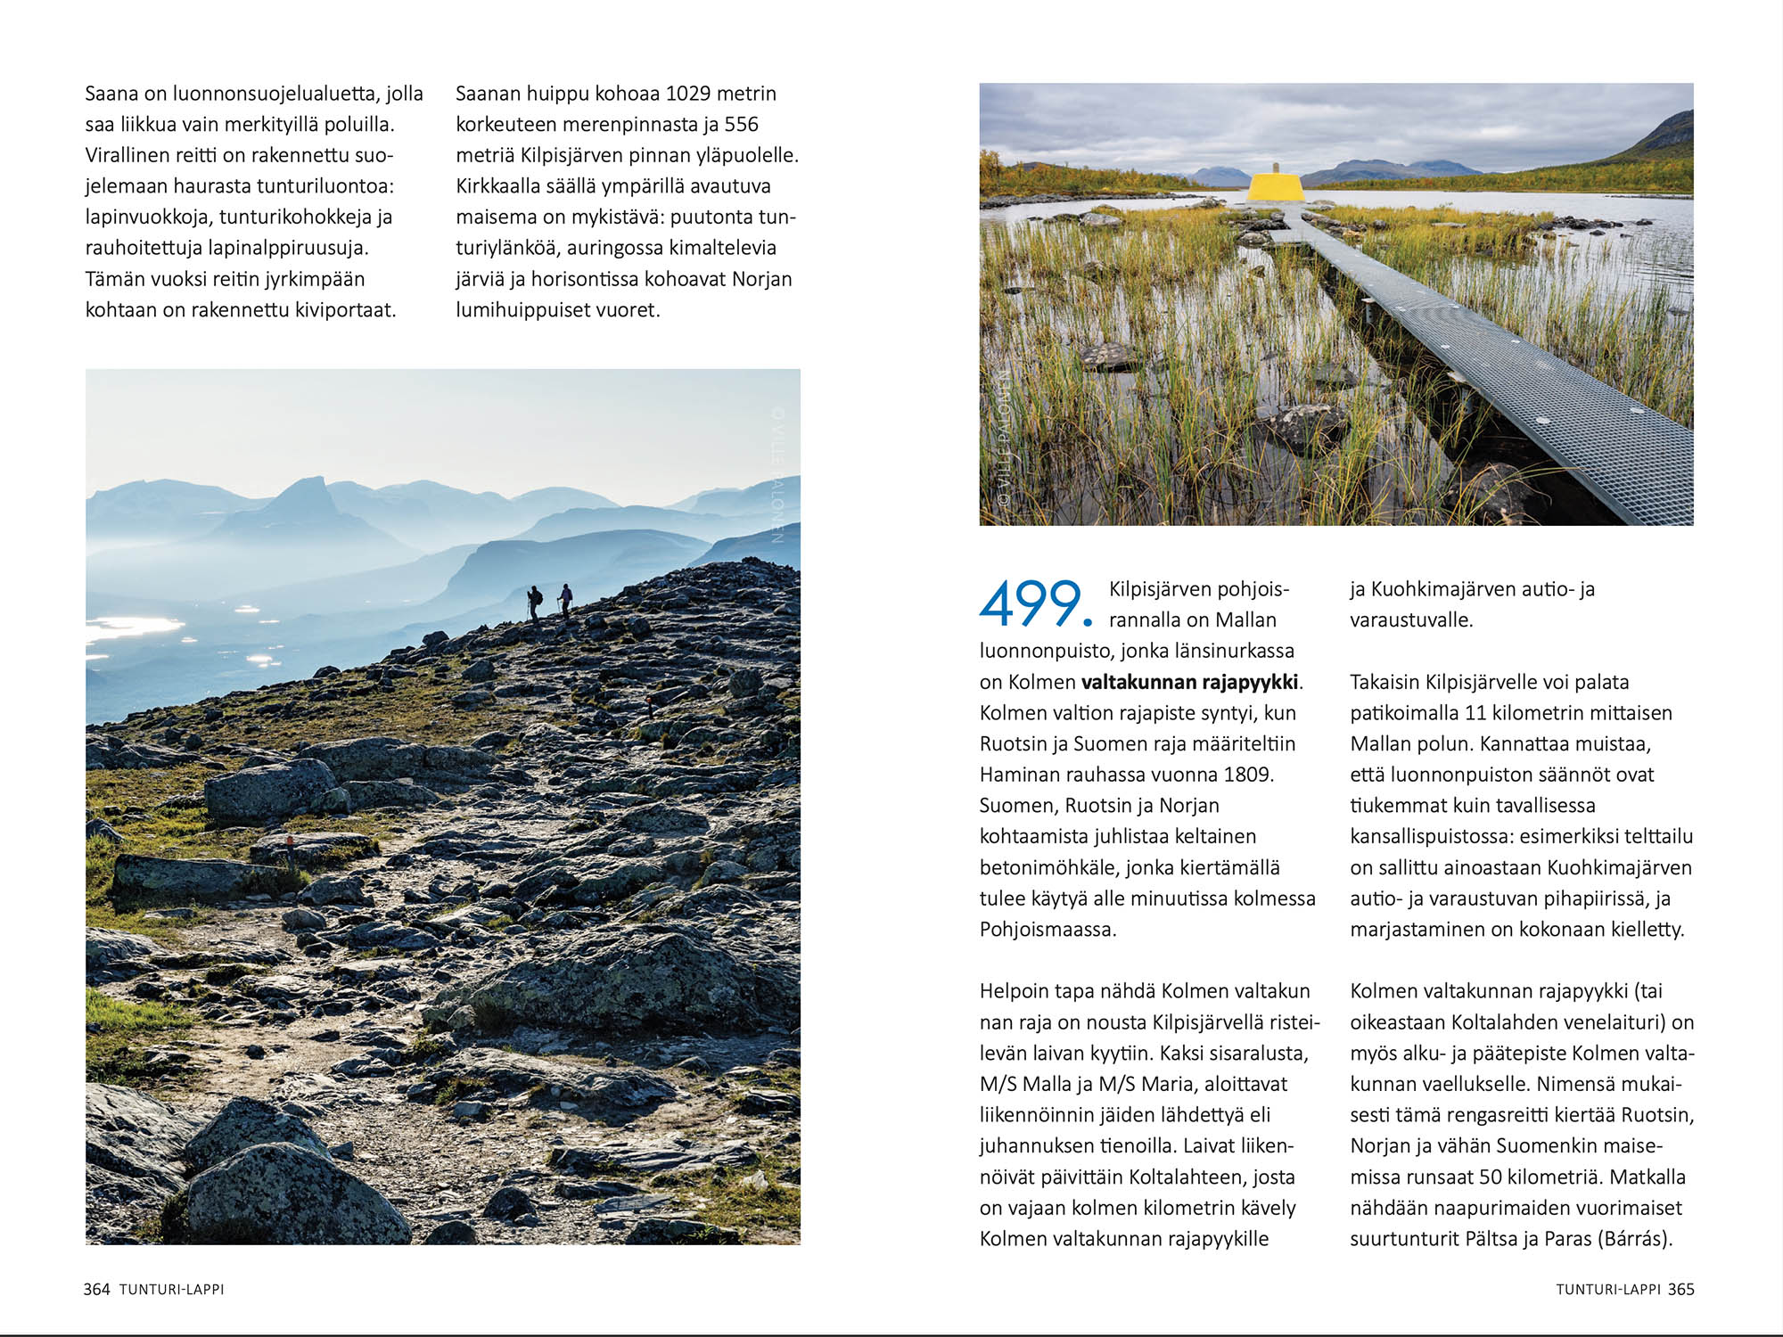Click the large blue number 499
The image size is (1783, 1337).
tap(1034, 603)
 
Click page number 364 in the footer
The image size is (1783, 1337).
tap(96, 1289)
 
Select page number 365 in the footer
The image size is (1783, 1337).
tap(1680, 1289)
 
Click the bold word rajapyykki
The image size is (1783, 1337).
tap(1250, 682)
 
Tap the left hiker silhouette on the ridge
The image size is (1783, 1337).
tap(534, 602)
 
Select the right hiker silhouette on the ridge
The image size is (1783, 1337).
tap(564, 600)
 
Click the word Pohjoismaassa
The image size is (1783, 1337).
tap(1048, 930)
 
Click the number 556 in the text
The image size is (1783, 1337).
tap(741, 125)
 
